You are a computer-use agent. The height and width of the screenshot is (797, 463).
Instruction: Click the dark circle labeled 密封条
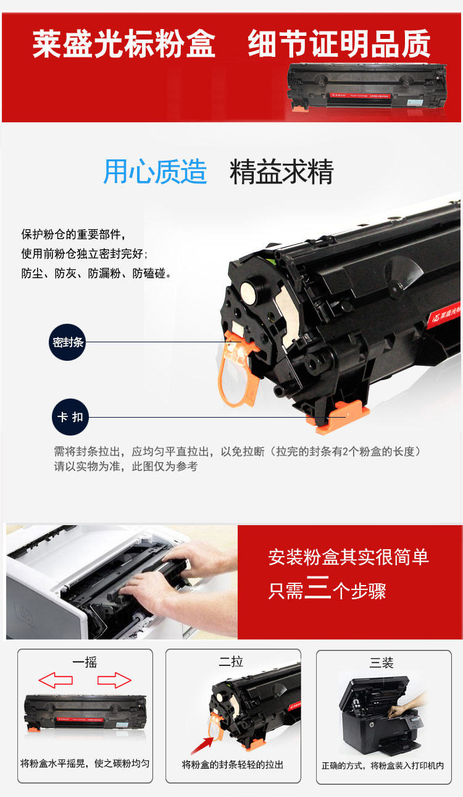[x=67, y=342]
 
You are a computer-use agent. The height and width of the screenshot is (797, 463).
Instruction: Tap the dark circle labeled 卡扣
[x=70, y=416]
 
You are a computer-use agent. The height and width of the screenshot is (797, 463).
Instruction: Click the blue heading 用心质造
[x=155, y=172]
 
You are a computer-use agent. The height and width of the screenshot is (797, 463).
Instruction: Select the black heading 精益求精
[x=282, y=172]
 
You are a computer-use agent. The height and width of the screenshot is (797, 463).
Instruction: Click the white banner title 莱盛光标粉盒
[x=123, y=44]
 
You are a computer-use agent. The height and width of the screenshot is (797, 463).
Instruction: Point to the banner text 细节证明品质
[x=340, y=43]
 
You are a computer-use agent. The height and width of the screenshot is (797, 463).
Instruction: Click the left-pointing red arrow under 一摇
[x=56, y=680]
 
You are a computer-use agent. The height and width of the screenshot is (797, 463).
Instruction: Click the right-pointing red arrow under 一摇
[x=114, y=680]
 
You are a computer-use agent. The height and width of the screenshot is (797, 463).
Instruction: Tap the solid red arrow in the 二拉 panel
[x=202, y=744]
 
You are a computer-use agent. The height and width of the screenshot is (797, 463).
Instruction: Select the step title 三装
[x=382, y=662]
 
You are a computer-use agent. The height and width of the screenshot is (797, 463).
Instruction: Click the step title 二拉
[x=231, y=662]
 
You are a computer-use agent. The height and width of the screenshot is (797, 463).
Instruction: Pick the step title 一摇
[x=85, y=662]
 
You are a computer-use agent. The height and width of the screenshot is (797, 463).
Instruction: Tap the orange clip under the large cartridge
[x=337, y=416]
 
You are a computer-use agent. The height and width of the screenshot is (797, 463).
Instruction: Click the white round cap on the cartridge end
[x=251, y=292]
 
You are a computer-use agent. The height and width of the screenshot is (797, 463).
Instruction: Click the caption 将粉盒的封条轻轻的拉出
[x=233, y=765]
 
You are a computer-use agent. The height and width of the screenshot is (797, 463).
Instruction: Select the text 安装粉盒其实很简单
[x=349, y=557]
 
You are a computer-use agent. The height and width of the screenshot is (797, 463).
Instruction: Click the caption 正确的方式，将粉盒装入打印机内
[x=383, y=765]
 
